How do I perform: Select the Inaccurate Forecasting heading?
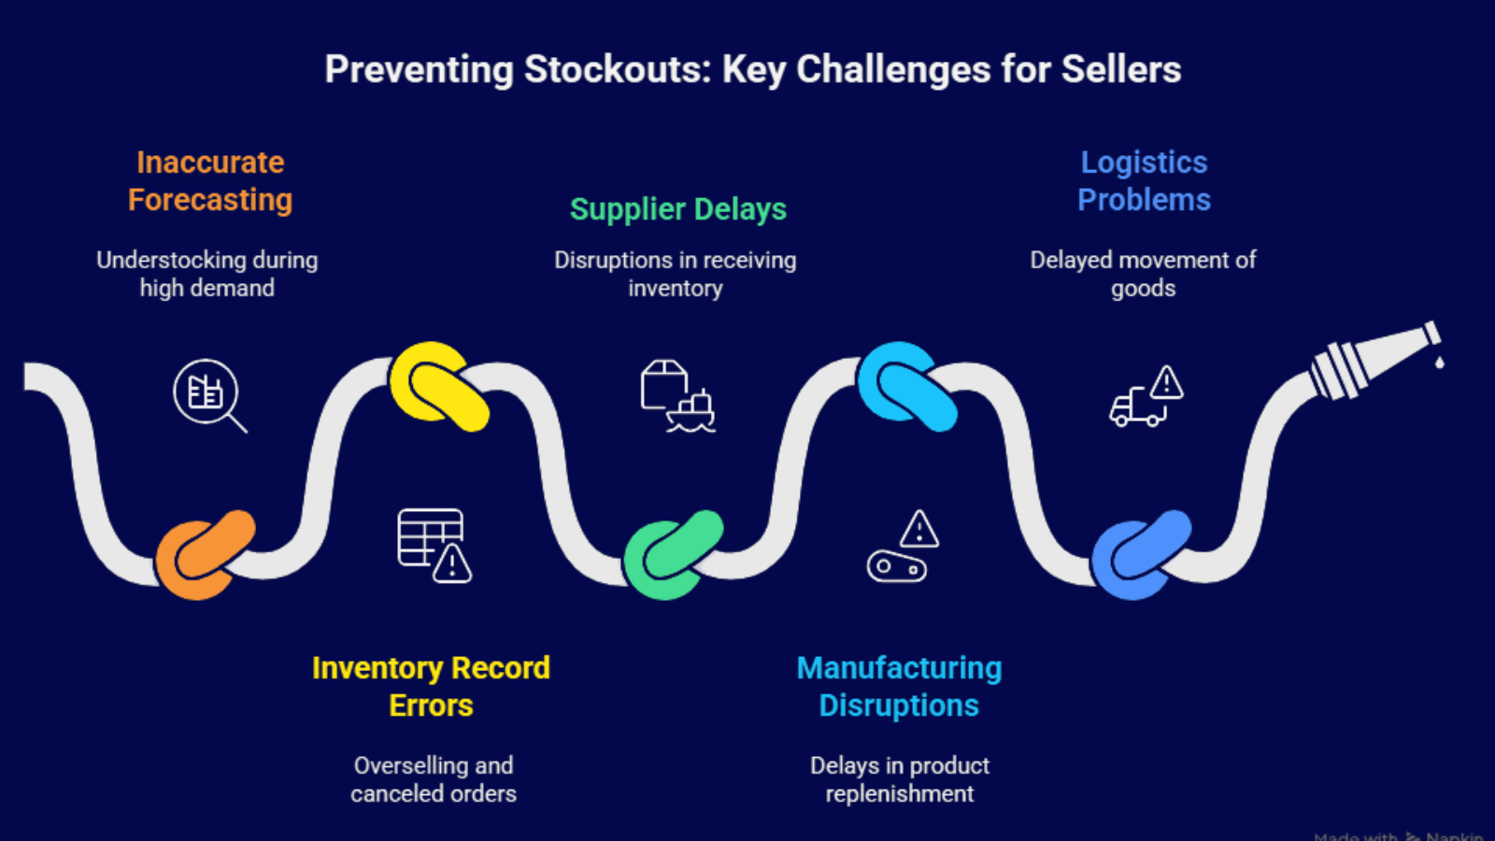tap(210, 180)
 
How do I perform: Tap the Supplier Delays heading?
tap(678, 208)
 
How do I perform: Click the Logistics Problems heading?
tap(1144, 180)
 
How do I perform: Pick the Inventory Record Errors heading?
tap(431, 686)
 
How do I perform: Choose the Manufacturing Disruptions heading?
tap(899, 686)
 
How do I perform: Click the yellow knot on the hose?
tap(437, 386)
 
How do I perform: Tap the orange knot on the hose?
tap(205, 554)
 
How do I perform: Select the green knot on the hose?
tap(673, 554)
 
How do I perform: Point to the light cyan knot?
tap(905, 386)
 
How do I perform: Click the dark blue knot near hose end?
tap(1140, 554)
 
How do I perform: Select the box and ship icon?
tap(677, 396)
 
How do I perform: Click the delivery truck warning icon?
tap(1146, 396)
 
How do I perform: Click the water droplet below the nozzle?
tap(1439, 362)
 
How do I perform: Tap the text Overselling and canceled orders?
tap(434, 779)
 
